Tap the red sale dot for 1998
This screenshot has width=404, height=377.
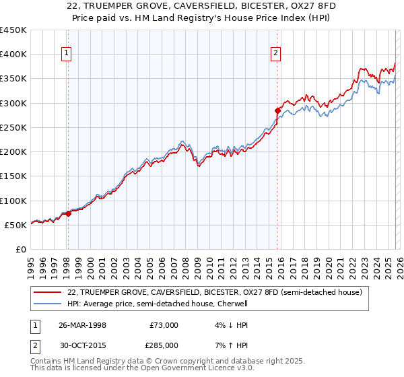(x=68, y=213)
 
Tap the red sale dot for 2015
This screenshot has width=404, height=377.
(x=277, y=110)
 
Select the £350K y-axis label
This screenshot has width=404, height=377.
(x=14, y=79)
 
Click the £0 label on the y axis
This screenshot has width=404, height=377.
(x=21, y=250)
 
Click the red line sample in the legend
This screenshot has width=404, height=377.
(x=48, y=292)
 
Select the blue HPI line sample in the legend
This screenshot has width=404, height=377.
(x=48, y=304)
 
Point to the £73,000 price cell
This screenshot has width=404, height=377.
(x=164, y=325)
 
